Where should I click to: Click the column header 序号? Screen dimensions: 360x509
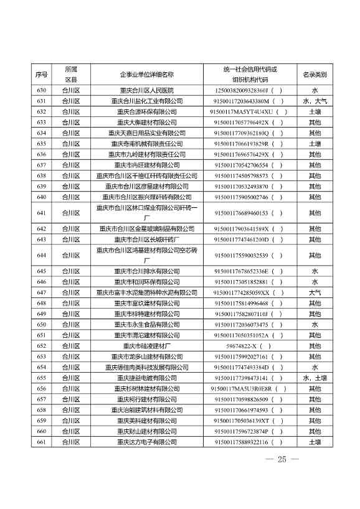point(42,75)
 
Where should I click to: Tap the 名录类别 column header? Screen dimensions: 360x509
point(315,75)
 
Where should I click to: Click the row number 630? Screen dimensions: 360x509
point(42,90)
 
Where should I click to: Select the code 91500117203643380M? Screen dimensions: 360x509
point(249,101)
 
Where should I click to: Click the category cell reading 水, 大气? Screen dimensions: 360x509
point(315,101)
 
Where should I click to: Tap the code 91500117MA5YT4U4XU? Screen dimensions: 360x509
point(249,111)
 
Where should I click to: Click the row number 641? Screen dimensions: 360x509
point(42,213)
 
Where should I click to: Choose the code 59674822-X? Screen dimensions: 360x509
point(249,346)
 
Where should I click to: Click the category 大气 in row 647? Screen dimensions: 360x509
point(315,292)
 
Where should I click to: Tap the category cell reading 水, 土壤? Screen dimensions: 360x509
point(315,378)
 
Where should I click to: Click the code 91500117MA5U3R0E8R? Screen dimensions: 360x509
point(249,388)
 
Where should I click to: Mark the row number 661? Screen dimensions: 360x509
point(42,442)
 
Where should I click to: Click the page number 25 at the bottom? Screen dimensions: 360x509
point(282,460)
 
